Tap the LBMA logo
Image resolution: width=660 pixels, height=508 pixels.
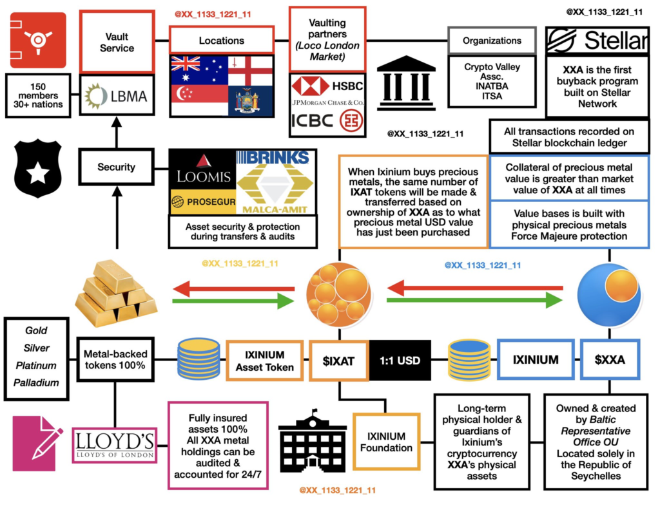coord(117,96)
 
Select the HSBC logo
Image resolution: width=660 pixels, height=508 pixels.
coord(328,86)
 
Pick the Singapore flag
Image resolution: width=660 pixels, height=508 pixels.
coord(199,100)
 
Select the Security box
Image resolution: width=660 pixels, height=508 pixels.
coord(116,167)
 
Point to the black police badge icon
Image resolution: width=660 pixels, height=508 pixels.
coord(37,169)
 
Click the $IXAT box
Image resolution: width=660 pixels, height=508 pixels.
coord(339,360)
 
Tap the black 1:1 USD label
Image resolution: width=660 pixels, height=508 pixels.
coord(399,360)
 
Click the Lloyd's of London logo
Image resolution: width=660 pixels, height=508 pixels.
coord(113,444)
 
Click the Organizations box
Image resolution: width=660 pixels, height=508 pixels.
coord(492,41)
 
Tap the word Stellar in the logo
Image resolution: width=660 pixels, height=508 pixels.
coord(615,41)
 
